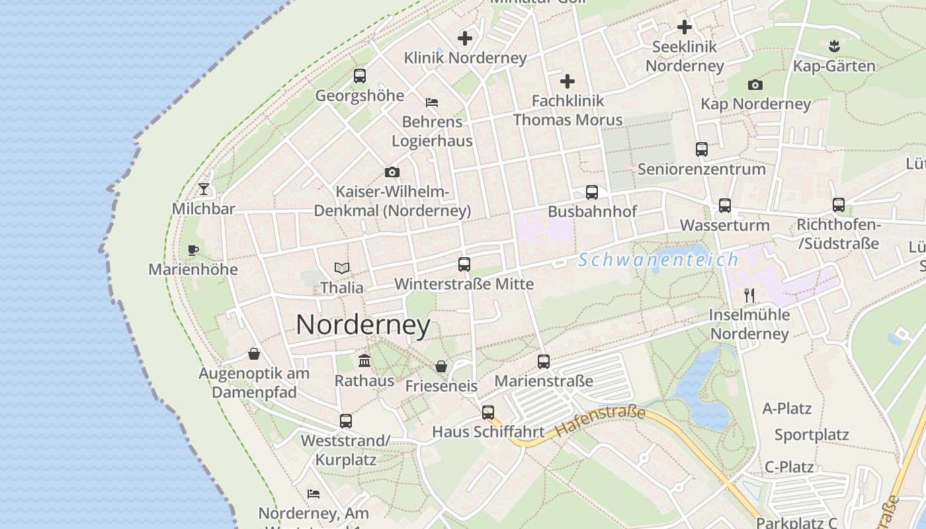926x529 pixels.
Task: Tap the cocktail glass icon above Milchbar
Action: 203,189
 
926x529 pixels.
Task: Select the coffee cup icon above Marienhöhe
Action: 192,250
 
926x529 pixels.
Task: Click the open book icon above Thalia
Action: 341,268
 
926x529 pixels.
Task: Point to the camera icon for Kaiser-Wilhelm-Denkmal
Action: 392,172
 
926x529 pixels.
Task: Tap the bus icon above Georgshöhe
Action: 359,75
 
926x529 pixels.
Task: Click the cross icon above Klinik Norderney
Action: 465,38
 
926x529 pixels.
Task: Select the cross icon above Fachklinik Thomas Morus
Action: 568,81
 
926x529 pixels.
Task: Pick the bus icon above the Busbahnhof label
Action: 592,192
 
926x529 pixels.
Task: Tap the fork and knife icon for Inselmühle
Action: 749,295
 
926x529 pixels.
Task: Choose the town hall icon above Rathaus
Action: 364,360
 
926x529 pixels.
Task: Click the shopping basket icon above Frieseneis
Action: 441,366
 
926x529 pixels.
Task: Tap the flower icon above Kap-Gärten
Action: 833,46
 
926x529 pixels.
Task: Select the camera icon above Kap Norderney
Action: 755,85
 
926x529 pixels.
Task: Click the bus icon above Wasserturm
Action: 725,205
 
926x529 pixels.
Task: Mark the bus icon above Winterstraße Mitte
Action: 464,264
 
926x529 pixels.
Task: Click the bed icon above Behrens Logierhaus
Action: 432,102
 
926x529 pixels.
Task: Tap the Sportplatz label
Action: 812,435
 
